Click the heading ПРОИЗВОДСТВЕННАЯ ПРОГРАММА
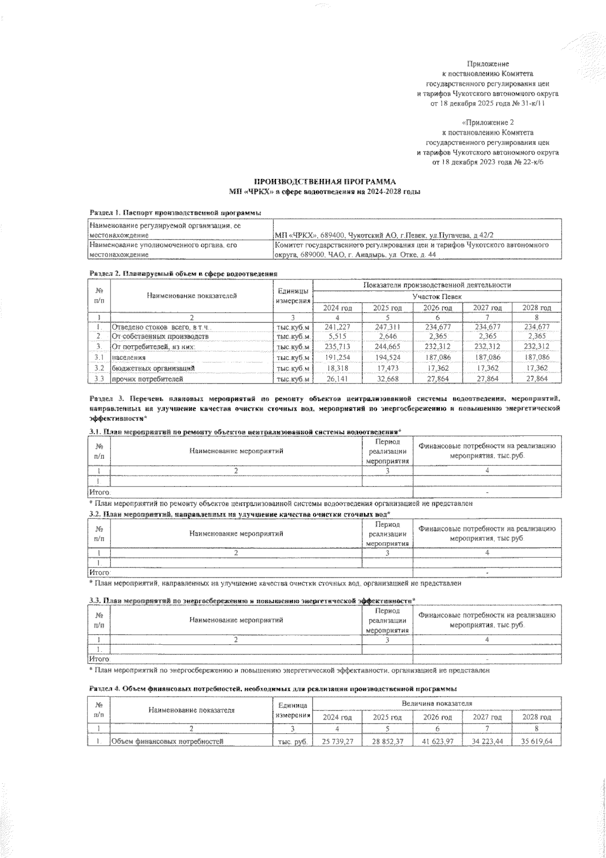pos(325,181)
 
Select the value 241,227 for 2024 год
pos(337,327)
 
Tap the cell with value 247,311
pos(387,327)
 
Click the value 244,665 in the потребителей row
pos(387,347)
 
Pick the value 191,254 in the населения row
pos(337,357)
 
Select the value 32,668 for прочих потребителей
pos(387,378)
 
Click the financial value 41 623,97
pos(437,742)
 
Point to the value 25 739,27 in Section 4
pos(337,742)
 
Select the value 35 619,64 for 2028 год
pos(536,742)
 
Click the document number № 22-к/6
pos(530,163)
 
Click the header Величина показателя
pos(437,703)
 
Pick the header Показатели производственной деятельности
pos(437,285)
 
